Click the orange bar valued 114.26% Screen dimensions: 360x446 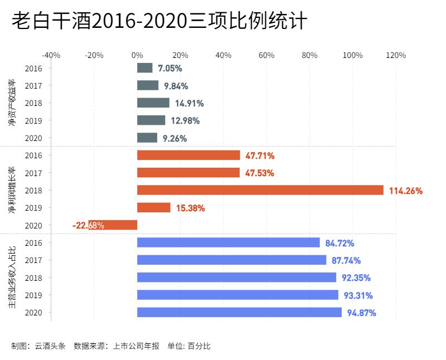(x=260, y=190)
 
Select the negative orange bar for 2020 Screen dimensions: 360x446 (x=113, y=225)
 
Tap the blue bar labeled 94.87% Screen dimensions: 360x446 (x=239, y=313)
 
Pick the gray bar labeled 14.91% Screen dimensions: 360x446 (x=153, y=103)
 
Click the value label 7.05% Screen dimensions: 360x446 (x=170, y=68)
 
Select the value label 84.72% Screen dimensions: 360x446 (x=340, y=243)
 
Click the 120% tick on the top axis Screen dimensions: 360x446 (x=396, y=55)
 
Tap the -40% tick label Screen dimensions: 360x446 (x=51, y=55)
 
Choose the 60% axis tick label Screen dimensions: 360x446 (x=266, y=55)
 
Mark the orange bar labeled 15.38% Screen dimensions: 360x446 (x=154, y=208)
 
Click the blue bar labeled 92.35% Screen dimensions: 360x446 (x=236, y=278)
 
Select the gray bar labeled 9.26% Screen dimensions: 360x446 (x=147, y=138)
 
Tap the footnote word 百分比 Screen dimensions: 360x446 (x=199, y=346)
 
